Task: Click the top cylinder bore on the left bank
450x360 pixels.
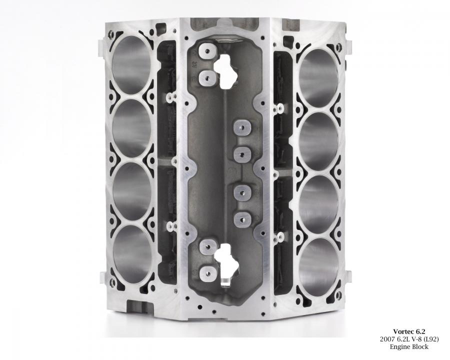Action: pos(131,65)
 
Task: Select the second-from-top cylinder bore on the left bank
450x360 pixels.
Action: pos(132,128)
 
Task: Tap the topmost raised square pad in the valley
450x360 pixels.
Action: pos(207,51)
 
